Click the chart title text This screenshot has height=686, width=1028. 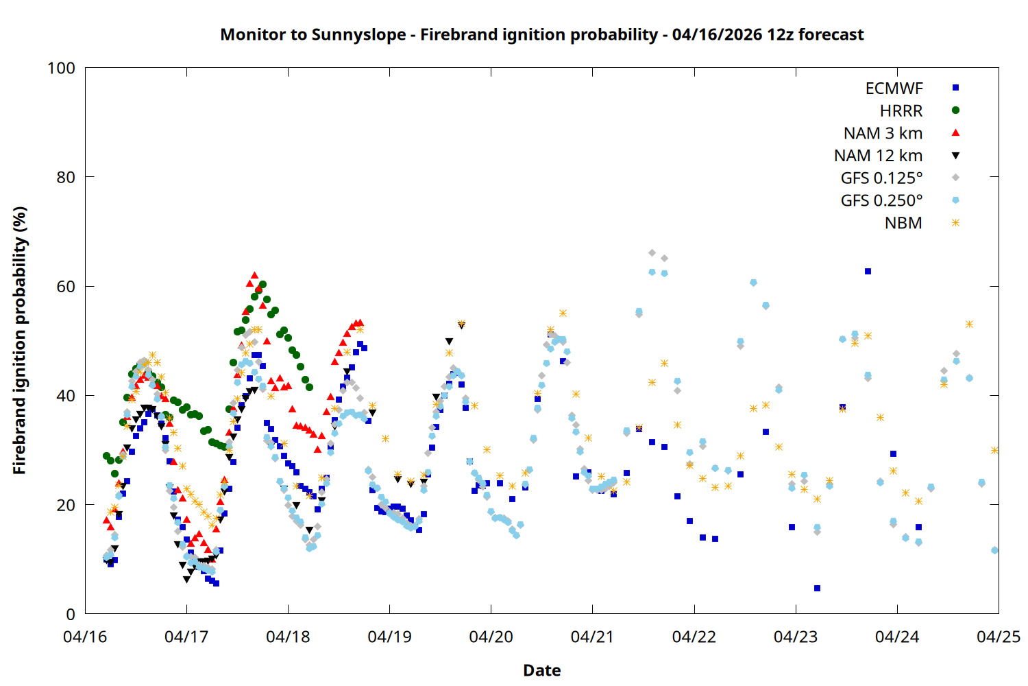(541, 34)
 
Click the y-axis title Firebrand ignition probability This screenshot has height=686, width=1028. (19, 340)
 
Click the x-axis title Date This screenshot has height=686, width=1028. (541, 670)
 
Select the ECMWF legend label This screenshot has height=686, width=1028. (894, 88)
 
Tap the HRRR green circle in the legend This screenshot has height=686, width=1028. (955, 110)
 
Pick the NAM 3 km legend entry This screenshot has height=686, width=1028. (883, 133)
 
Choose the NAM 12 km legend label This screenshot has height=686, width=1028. (878, 156)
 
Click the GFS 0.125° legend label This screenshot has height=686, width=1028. (881, 178)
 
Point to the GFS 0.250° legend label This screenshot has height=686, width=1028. (881, 200)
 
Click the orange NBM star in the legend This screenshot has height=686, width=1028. (955, 223)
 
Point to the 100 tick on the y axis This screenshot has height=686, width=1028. (61, 68)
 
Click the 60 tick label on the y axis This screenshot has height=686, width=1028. (66, 286)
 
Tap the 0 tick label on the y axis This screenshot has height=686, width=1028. (71, 614)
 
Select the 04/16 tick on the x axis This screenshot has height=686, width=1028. (85, 637)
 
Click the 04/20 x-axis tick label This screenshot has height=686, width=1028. (491, 637)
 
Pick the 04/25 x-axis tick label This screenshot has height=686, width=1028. (998, 637)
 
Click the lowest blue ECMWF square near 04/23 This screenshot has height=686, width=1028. (817, 588)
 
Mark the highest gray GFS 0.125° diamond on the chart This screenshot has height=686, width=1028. (652, 253)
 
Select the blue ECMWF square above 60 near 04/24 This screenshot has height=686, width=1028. (868, 272)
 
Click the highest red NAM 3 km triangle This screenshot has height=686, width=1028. (254, 275)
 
